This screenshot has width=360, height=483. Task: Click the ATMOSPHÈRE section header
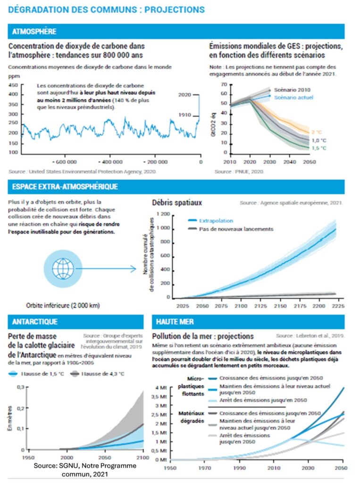pyautogui.click(x=33, y=32)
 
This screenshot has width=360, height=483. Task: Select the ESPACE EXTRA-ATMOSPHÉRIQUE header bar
pyautogui.click(x=64, y=187)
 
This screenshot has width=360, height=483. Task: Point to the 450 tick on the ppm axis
pyautogui.click(x=13, y=85)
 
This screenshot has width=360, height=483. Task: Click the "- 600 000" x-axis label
pyautogui.click(x=64, y=162)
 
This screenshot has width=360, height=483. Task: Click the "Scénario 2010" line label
pyautogui.click(x=290, y=89)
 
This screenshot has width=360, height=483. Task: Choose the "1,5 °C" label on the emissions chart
pyautogui.click(x=318, y=148)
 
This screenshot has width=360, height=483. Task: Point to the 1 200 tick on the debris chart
pyautogui.click(x=162, y=215)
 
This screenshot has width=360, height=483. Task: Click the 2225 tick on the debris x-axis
pyautogui.click(x=338, y=306)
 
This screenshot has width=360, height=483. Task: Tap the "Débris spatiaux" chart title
pyautogui.click(x=177, y=203)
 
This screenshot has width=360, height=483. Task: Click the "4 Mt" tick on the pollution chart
pyautogui.click(x=161, y=388)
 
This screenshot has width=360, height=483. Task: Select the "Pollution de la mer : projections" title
pyautogui.click(x=203, y=336)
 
